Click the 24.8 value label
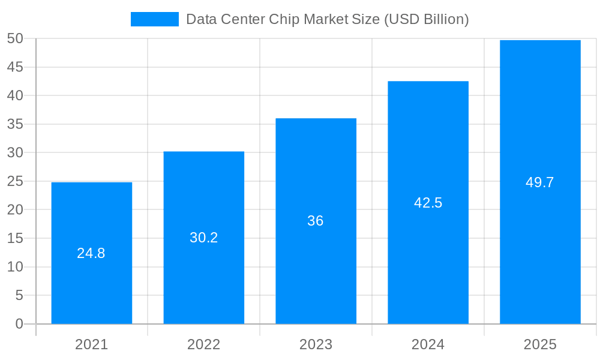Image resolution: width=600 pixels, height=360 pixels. tap(91, 253)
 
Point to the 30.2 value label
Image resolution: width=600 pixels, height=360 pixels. tap(203, 238)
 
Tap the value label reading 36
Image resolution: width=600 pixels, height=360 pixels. tap(316, 221)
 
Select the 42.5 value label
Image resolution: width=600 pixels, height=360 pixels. tap(428, 203)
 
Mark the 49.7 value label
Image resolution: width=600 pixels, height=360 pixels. tap(540, 182)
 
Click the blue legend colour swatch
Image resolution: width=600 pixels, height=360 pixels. tap(154, 19)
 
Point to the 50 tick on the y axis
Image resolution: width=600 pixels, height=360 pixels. tap(15, 38)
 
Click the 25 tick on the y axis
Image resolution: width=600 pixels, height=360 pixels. tap(15, 181)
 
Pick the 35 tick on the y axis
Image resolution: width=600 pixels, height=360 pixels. tap(15, 124)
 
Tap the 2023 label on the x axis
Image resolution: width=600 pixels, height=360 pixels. tap(316, 344)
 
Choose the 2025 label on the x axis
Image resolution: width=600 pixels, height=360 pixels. tap(540, 344)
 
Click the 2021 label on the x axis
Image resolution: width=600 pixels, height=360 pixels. tap(91, 344)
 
